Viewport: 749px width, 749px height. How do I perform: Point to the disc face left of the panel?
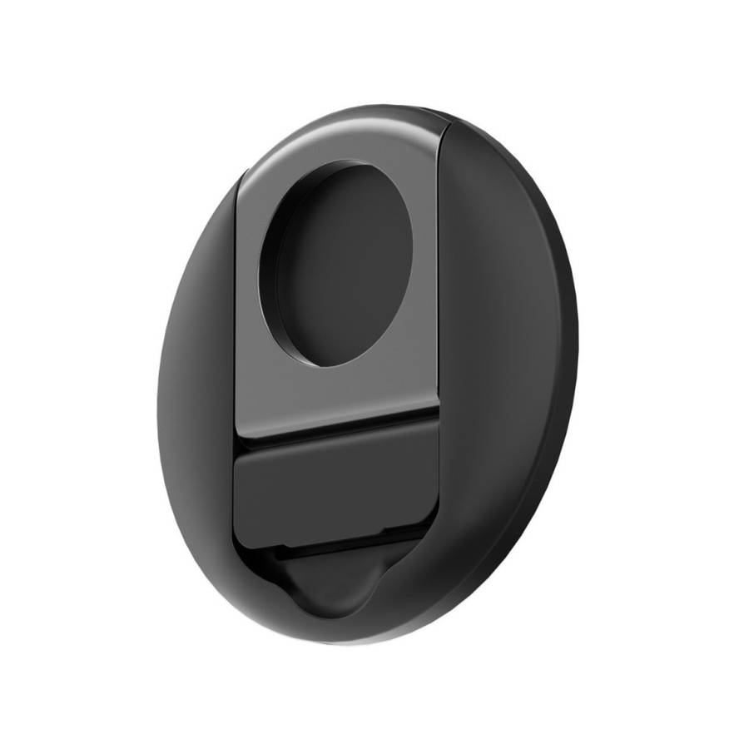(200, 374)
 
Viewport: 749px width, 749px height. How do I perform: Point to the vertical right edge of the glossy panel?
(439, 275)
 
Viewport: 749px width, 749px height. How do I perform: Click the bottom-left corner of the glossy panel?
(237, 433)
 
